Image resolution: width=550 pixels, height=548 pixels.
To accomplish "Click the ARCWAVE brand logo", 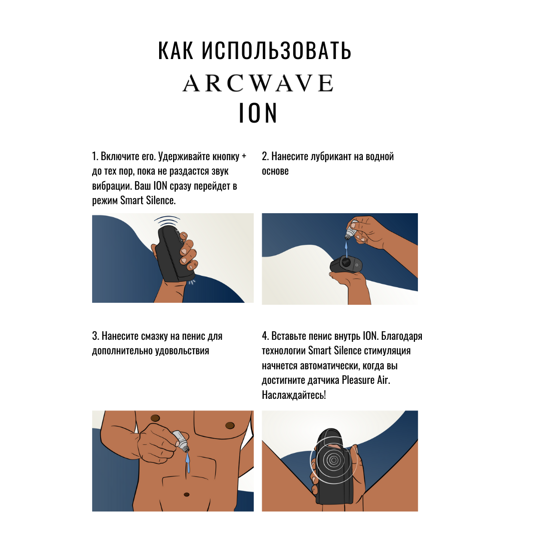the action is tap(258, 83).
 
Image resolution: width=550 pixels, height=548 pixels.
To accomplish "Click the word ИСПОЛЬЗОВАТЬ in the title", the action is tap(276, 51).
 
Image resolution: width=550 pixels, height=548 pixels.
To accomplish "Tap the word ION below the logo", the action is tap(258, 113).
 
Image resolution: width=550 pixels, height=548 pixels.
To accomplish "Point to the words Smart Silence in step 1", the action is tap(147, 200).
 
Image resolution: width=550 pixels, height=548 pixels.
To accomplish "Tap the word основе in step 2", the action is tap(275, 171).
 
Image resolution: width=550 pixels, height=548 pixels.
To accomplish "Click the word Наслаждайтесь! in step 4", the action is tap(294, 395).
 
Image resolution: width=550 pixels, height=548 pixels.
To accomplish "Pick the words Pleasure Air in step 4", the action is tap(365, 380).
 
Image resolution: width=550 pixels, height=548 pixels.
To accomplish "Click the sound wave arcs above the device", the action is tap(167, 221).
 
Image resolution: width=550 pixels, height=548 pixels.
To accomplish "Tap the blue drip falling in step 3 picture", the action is tap(188, 462).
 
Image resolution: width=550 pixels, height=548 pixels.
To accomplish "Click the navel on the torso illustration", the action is tap(187, 494).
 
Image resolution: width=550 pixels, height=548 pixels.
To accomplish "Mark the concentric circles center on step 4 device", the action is tap(334, 460).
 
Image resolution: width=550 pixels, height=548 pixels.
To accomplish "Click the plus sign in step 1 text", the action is tap(244, 156).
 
